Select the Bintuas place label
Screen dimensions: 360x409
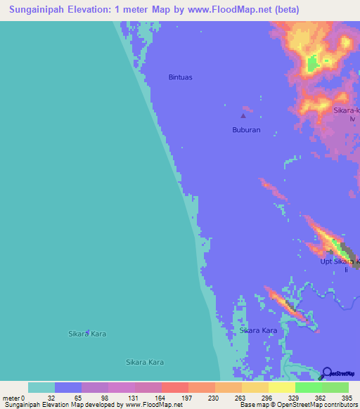tap(181, 77)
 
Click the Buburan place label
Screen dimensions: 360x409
tap(247, 130)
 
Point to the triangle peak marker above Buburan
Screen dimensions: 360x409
tap(244, 116)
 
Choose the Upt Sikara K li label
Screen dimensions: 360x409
tap(340, 265)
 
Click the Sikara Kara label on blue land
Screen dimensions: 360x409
tap(258, 330)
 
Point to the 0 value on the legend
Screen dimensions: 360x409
tap(23, 398)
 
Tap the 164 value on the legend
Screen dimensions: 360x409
tap(161, 398)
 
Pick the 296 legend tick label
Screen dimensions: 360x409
tap(268, 398)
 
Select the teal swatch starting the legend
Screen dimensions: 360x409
tap(41, 387)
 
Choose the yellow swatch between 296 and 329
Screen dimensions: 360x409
tap(281, 387)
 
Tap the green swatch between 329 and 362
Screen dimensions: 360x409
tap(308, 387)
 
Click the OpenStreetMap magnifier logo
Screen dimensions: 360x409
tap(327, 372)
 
